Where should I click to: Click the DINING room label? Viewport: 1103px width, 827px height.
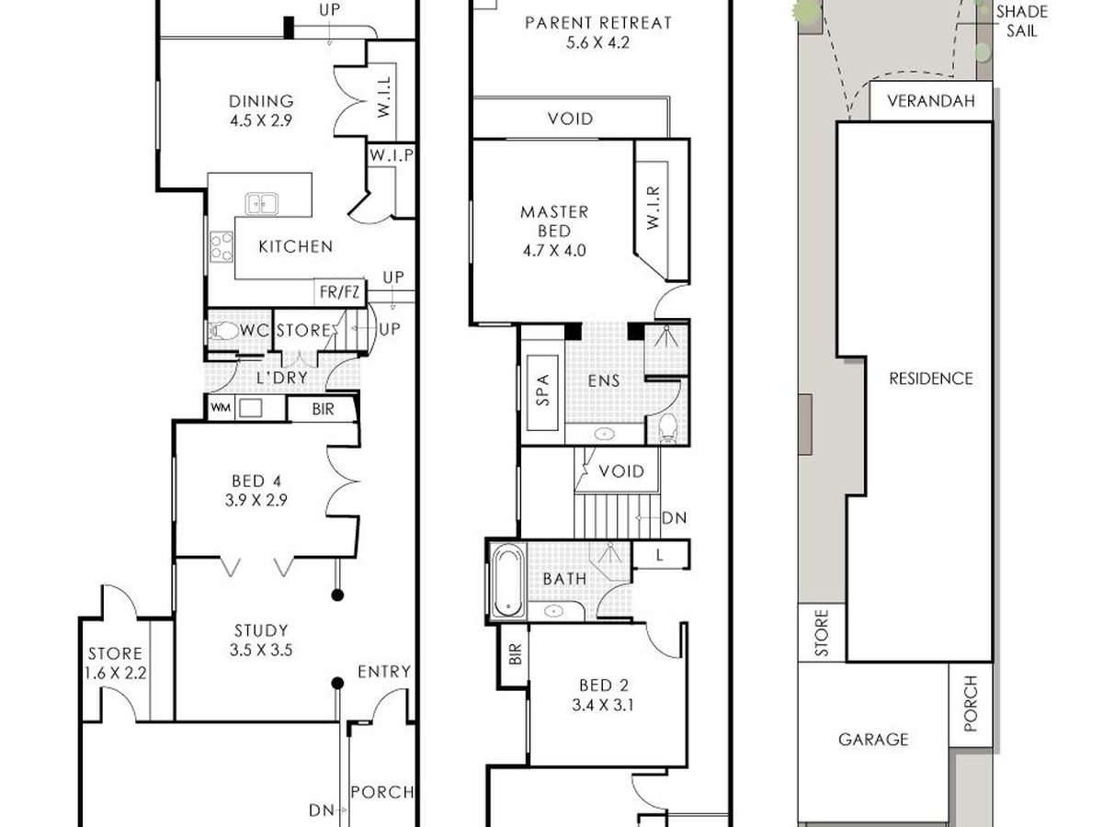pos(261,101)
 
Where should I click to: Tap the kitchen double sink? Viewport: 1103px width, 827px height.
pos(261,204)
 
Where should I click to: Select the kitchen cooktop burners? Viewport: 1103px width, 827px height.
pos(222,246)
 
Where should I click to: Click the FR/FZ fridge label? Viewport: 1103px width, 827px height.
pos(339,291)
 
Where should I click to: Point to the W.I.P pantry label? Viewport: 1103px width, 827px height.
pos(391,155)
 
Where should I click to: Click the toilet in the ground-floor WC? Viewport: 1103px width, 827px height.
pos(223,331)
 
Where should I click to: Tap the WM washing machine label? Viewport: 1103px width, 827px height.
pos(220,407)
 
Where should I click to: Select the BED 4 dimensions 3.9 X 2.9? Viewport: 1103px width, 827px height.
pos(256,500)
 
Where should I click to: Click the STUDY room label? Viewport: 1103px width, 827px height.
pos(261,630)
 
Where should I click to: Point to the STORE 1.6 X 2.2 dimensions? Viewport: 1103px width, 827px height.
pos(116,673)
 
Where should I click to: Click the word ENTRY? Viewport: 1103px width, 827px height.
pos(384,672)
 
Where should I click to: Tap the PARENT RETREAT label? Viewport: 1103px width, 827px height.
pos(598,23)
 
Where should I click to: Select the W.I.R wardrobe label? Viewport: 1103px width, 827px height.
pos(653,208)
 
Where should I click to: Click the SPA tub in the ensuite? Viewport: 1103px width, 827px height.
pos(542,392)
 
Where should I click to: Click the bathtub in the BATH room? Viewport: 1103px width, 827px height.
pos(507,582)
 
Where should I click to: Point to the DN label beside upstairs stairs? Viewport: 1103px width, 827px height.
pos(675,518)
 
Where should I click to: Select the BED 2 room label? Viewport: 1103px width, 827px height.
pos(604,685)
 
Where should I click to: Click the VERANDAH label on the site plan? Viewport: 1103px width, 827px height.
pos(931,101)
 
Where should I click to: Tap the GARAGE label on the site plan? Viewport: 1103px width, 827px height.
pos(873,739)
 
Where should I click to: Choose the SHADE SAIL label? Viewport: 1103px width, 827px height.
pos(1022,21)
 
